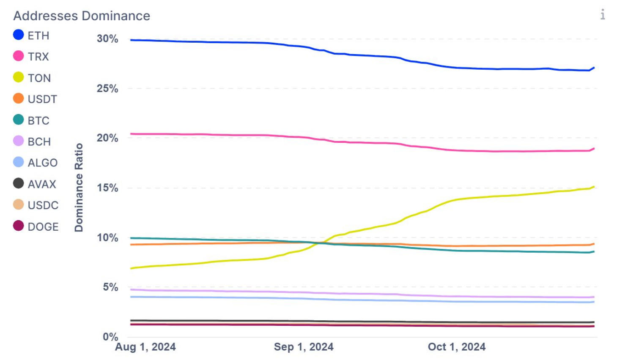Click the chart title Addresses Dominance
point(82,16)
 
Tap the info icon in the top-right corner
point(603,15)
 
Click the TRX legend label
point(38,57)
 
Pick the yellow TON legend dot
point(19,77)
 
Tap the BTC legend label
point(38,120)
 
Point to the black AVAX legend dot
point(19,183)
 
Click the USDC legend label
point(43,205)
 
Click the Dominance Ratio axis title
point(79,187)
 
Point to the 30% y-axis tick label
point(107,39)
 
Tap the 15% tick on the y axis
point(107,188)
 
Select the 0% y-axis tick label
point(110,337)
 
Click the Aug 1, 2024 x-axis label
point(145,347)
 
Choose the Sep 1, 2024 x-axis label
point(304,347)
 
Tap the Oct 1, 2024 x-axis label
point(457,347)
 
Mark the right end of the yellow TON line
point(594,187)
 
